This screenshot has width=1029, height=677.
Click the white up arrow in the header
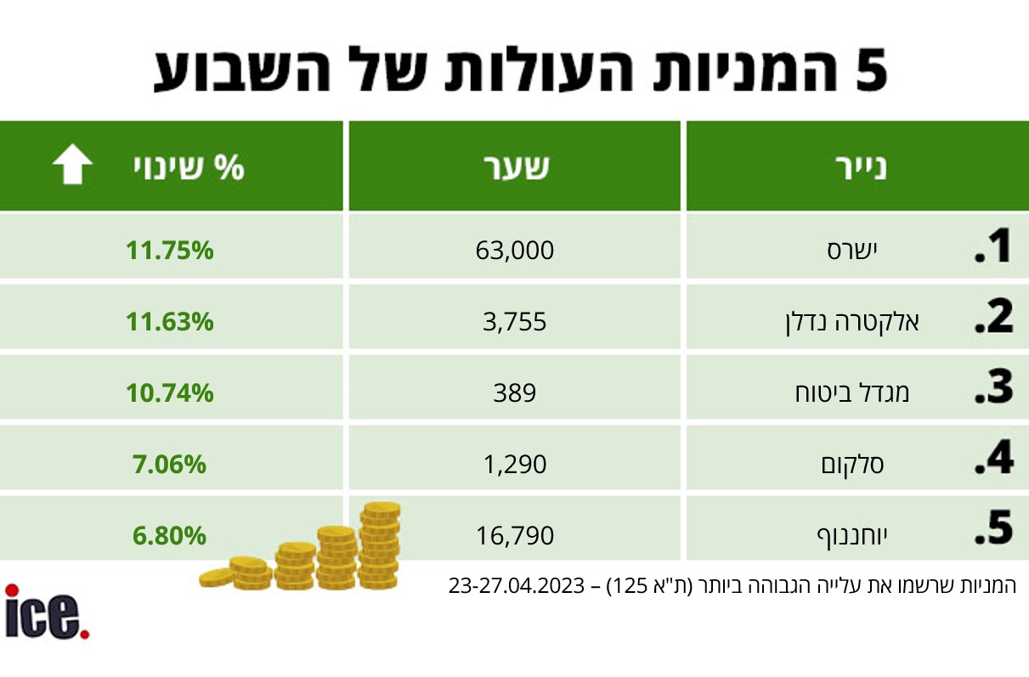point(73,166)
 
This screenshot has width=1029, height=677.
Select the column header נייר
point(857,167)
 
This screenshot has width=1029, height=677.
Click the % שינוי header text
point(188,167)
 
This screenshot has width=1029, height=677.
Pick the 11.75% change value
point(170,251)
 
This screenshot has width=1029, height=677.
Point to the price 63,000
point(515,251)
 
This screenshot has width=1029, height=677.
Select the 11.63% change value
point(170,322)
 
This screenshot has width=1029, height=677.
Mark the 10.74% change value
point(170,393)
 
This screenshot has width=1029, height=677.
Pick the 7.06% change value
point(170,465)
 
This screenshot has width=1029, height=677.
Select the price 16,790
point(515,536)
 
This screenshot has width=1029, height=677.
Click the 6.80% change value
point(170,536)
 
